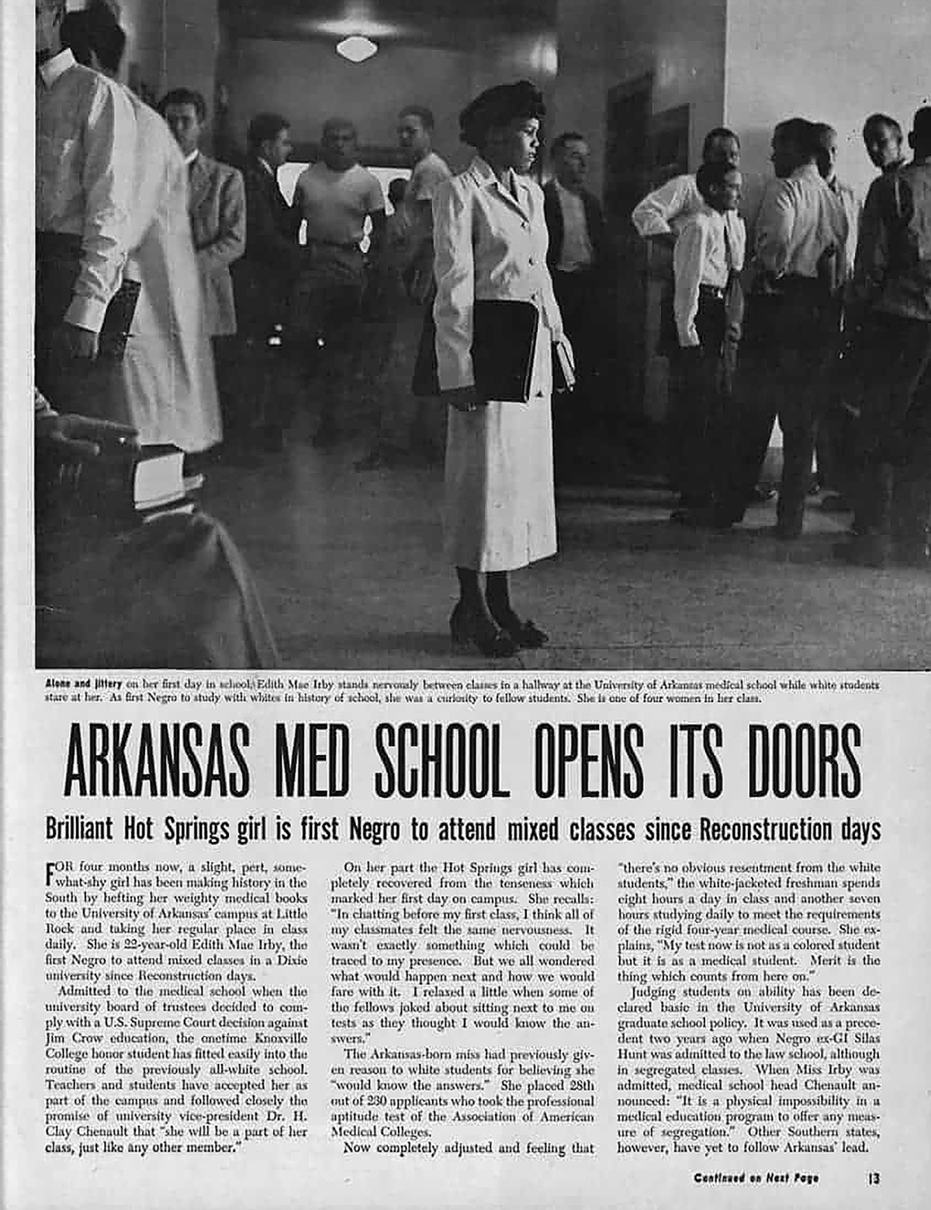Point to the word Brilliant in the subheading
pyautogui.click(x=79, y=829)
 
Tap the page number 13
pyautogui.click(x=873, y=1177)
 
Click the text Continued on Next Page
pyautogui.click(x=756, y=1177)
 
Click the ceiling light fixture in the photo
pyautogui.click(x=358, y=47)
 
